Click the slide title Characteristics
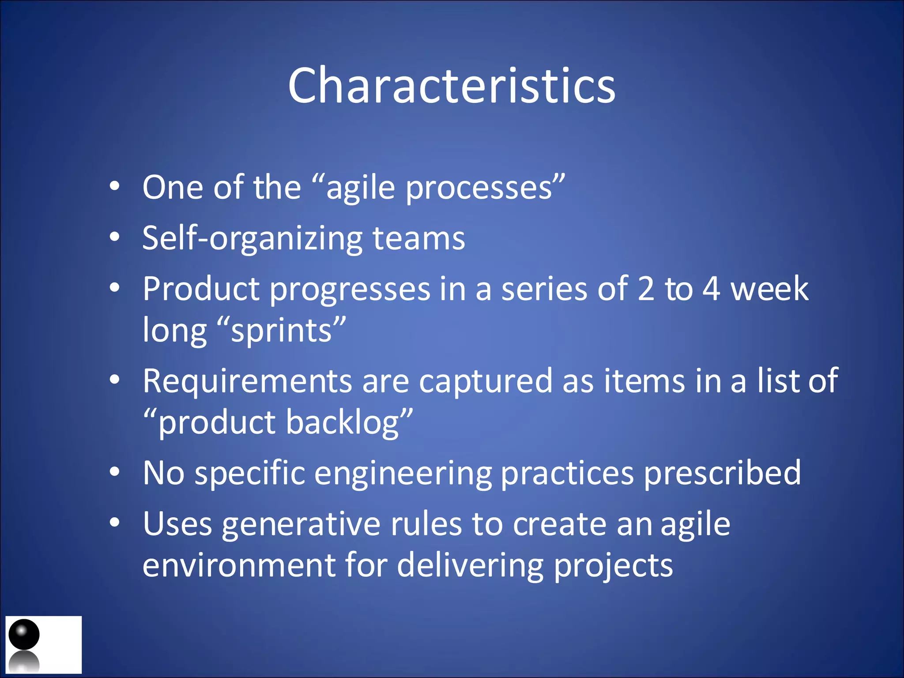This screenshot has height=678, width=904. click(452, 85)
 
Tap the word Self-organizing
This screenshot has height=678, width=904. click(252, 239)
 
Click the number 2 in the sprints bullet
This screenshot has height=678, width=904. click(646, 290)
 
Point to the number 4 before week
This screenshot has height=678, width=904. click(711, 290)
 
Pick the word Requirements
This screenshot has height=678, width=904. click(247, 381)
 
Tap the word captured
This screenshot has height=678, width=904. click(485, 381)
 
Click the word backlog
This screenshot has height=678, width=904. click(343, 423)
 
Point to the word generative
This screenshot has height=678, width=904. click(301, 525)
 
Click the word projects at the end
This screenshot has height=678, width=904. click(613, 566)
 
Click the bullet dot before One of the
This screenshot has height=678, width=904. click(115, 187)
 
